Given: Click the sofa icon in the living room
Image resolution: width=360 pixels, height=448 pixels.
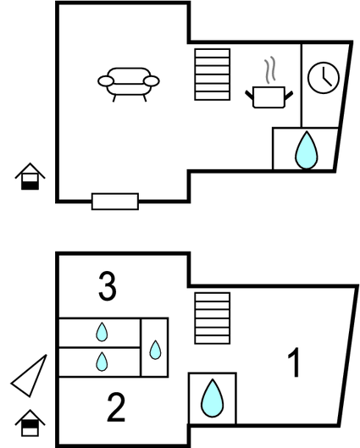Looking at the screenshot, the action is point(129,85).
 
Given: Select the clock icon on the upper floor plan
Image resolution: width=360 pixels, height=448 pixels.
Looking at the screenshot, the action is point(324,78).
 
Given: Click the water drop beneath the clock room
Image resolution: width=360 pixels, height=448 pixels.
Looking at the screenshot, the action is point(307,151).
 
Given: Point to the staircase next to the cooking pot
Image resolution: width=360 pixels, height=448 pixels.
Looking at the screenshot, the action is point(213,75).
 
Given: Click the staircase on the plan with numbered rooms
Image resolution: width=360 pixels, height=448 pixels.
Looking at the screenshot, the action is point(213,318).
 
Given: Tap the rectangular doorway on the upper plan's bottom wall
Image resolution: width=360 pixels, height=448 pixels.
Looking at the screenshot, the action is point(115,202).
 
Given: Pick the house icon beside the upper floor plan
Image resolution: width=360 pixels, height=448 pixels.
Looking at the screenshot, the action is point(30,176).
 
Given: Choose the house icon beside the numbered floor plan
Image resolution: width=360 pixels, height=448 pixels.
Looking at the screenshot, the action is point(30,423).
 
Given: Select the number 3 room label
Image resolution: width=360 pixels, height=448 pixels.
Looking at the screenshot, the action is point(108,286).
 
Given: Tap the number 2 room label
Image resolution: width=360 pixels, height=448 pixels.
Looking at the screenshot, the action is point(116,407).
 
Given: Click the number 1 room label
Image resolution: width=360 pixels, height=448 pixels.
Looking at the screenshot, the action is point(295,362).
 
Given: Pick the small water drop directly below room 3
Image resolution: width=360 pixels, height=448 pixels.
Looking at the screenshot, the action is point(102,332).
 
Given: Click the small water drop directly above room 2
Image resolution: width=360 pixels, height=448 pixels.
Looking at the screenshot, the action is point(102,362).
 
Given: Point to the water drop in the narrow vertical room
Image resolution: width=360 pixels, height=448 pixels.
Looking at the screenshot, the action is point(155,350).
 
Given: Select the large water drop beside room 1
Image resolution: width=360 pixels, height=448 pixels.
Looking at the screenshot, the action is point(213,398).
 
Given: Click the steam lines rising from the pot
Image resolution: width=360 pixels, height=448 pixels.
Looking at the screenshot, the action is point(270,70).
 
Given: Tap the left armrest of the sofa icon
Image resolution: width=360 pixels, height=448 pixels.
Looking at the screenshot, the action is point(106,81).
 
